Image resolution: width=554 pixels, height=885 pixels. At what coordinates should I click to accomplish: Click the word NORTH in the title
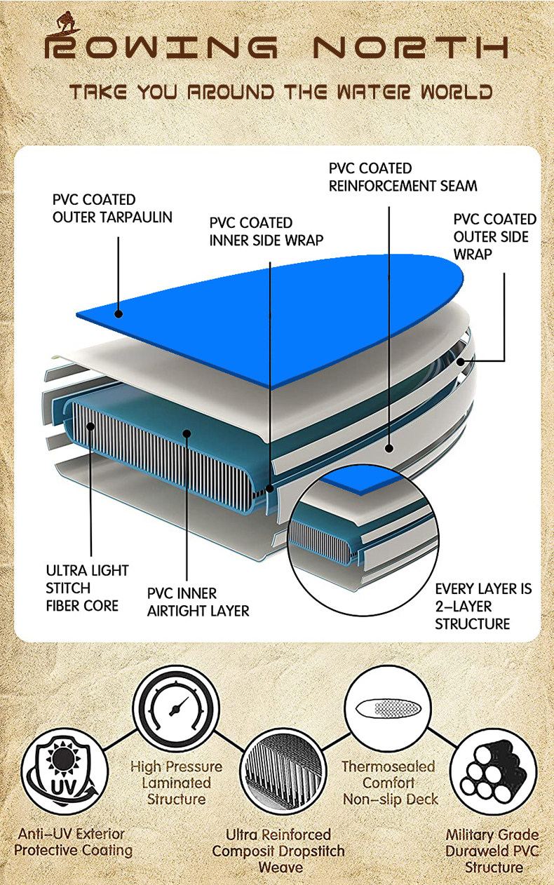click(x=410, y=48)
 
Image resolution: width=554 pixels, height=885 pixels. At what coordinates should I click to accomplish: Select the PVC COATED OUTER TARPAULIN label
click(x=112, y=208)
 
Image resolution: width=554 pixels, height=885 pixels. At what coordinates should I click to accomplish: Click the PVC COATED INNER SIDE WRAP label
click(x=266, y=231)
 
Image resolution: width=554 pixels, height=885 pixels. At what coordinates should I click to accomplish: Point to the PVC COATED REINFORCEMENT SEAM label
click(x=403, y=177)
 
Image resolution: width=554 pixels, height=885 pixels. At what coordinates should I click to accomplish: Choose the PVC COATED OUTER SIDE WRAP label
click(x=494, y=236)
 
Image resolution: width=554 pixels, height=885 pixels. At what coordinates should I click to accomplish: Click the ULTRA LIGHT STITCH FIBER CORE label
click(x=87, y=588)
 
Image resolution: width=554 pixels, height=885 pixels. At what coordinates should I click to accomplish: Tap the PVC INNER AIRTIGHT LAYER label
click(x=198, y=602)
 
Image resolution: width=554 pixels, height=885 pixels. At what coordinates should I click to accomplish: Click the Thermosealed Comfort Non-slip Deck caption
click(x=390, y=783)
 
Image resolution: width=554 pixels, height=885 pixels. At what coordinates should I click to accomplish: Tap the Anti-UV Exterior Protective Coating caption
click(x=73, y=842)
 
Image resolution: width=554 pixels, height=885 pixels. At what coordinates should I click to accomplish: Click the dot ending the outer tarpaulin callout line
click(x=119, y=315)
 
